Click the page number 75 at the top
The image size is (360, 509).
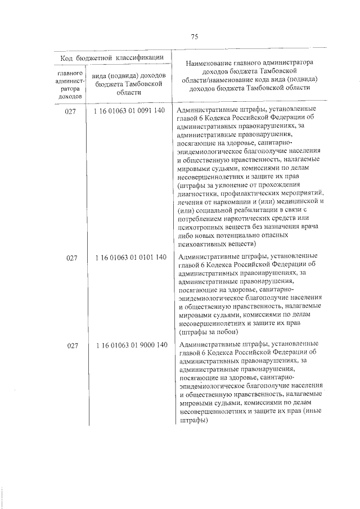[x=194, y=37]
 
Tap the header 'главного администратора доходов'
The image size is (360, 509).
[x=70, y=84]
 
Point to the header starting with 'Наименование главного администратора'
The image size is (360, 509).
[x=250, y=75]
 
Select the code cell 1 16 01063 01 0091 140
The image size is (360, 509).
[x=130, y=111]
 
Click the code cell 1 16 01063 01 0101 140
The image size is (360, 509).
[x=130, y=258]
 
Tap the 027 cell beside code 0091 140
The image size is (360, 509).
[x=70, y=111]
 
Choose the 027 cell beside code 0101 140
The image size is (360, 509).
[x=70, y=258]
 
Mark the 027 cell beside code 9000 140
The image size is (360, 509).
[x=70, y=346]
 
